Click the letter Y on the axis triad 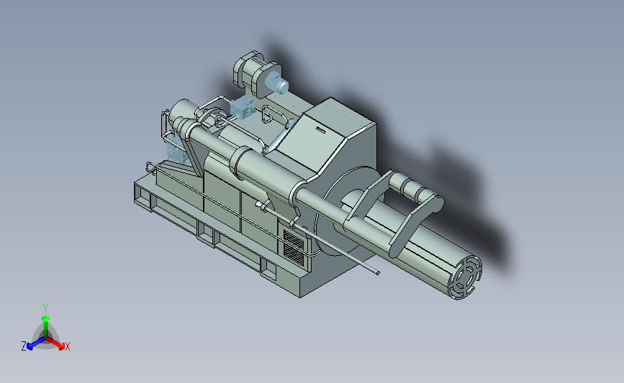pyautogui.click(x=45, y=308)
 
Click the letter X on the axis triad pyautogui.click(x=68, y=346)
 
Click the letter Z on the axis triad pyautogui.click(x=24, y=346)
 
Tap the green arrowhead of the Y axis pyautogui.click(x=46, y=318)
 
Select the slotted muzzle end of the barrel pyautogui.click(x=465, y=277)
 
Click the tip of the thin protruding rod pyautogui.click(x=377, y=272)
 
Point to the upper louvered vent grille pyautogui.click(x=294, y=239)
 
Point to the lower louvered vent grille pyautogui.click(x=294, y=254)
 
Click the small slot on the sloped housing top pyautogui.click(x=321, y=129)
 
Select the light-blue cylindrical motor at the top pyautogui.click(x=276, y=82)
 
